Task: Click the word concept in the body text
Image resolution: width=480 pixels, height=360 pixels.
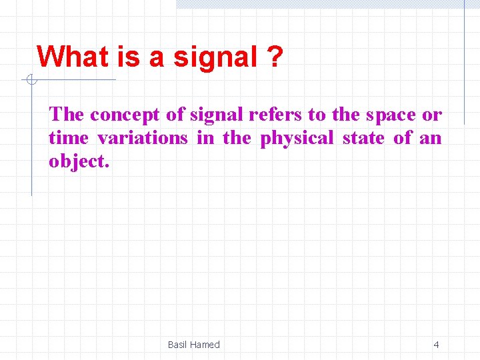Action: pos(125,115)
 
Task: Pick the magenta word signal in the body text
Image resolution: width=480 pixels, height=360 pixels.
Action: pos(217,115)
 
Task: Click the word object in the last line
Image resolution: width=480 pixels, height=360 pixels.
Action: pos(76,162)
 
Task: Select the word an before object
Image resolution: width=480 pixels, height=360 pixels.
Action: pos(430,139)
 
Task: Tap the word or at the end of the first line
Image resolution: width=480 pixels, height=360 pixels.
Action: pos(432,115)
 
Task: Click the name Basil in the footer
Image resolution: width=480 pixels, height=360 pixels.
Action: pos(178,345)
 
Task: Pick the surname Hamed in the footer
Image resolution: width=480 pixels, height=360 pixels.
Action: pos(205,345)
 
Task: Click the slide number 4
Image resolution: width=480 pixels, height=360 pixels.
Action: pos(436,345)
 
